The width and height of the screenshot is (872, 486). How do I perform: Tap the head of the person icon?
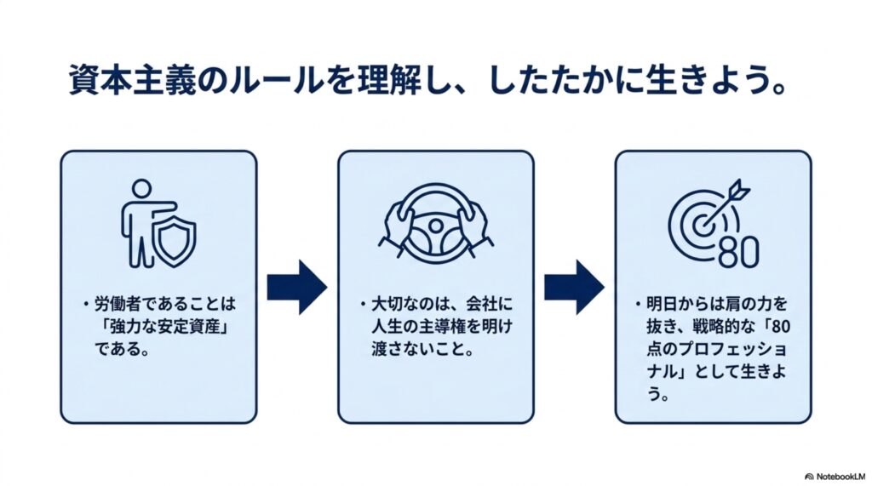pyautogui.click(x=142, y=188)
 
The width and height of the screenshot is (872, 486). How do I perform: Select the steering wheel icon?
pyautogui.click(x=436, y=224)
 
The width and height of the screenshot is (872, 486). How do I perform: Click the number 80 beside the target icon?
pyautogui.click(x=738, y=252)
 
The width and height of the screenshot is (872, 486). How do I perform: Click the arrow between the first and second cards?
pyautogui.click(x=297, y=287)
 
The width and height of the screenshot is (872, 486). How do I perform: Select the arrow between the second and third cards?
pyautogui.click(x=574, y=287)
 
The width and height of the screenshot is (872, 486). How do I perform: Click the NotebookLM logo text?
pyautogui.click(x=840, y=477)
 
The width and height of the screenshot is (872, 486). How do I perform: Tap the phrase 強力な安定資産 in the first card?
pyautogui.click(x=164, y=327)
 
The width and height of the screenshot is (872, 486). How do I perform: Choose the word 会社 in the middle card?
pyautogui.click(x=482, y=304)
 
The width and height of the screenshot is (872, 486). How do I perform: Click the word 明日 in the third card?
pyautogui.click(x=663, y=304)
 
